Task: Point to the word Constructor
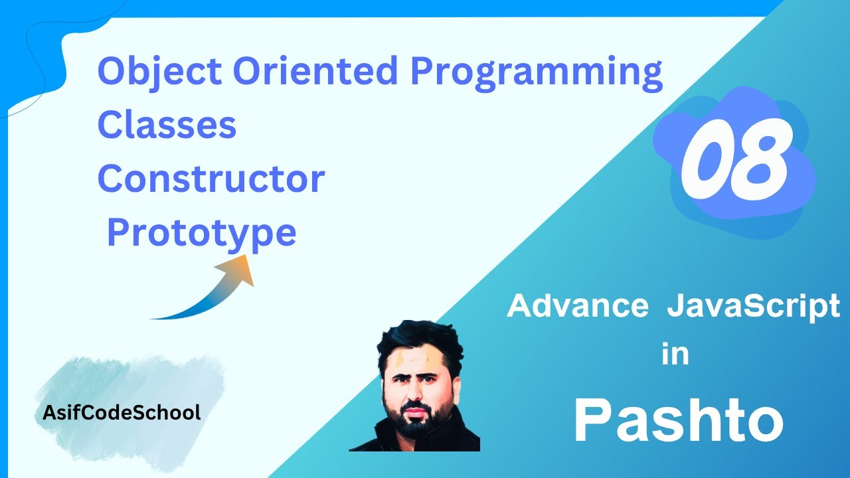tap(211, 179)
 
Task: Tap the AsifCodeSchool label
tap(122, 413)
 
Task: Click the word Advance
tap(577, 307)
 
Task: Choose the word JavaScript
tap(753, 307)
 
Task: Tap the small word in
tap(675, 355)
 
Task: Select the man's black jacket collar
tap(458, 435)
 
